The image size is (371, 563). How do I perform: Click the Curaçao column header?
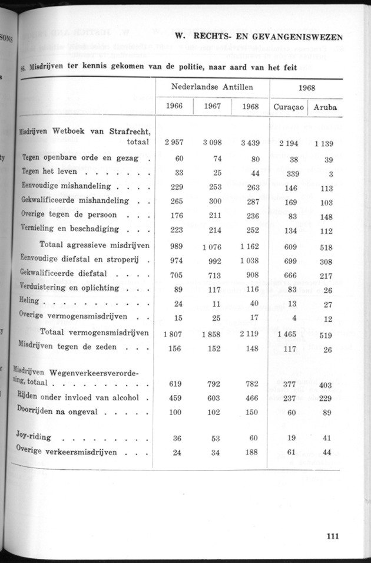289,107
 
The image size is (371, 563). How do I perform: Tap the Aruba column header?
326,107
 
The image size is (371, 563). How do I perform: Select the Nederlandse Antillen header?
213,87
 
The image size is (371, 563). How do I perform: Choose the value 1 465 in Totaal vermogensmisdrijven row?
287,334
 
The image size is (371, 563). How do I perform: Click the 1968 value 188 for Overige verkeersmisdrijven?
251,453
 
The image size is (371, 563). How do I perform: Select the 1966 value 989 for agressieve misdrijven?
175,245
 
